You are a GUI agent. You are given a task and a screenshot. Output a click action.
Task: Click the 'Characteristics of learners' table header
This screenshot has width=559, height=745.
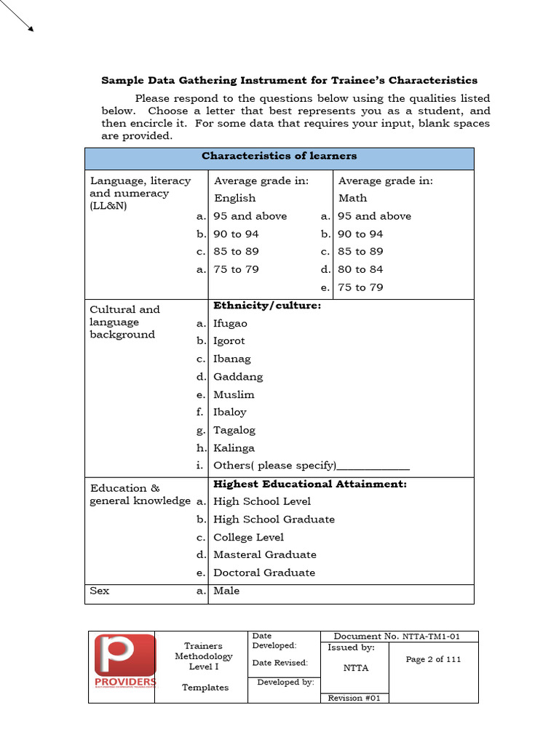tap(279, 156)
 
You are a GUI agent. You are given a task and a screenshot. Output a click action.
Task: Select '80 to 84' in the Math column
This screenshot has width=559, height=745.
tap(360, 269)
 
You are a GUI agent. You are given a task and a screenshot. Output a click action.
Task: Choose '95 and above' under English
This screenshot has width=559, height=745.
tap(250, 216)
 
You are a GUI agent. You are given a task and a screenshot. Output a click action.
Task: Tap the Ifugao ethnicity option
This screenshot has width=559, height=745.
tap(230, 323)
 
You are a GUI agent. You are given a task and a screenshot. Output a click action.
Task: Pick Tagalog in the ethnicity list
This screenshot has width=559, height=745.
tap(234, 430)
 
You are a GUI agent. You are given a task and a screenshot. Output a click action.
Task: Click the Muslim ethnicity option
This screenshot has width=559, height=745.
tap(234, 394)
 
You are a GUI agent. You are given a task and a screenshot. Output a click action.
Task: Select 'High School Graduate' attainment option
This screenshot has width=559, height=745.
tap(274, 519)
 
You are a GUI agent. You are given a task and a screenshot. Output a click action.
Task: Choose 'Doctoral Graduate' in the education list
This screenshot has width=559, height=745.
tap(264, 573)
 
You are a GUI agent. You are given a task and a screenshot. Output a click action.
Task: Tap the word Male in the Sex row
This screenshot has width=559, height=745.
tap(226, 591)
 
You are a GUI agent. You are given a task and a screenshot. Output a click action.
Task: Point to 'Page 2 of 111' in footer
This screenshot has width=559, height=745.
tap(433, 659)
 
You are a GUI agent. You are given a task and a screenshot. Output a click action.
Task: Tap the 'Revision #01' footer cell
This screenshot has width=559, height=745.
tap(355, 698)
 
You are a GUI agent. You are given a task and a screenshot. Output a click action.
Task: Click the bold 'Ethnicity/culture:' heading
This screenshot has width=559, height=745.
tap(266, 306)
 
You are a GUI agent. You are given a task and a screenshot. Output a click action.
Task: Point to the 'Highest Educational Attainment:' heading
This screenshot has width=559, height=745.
tap(309, 484)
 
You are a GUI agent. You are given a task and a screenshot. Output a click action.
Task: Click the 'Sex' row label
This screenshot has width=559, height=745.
tap(100, 591)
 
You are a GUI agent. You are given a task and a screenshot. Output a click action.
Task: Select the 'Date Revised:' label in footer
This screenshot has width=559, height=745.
tap(279, 663)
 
